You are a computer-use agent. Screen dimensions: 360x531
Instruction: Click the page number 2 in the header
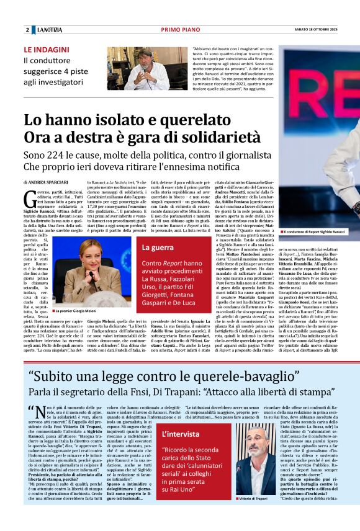[27, 30]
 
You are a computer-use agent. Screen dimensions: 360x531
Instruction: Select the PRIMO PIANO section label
[179, 30]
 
